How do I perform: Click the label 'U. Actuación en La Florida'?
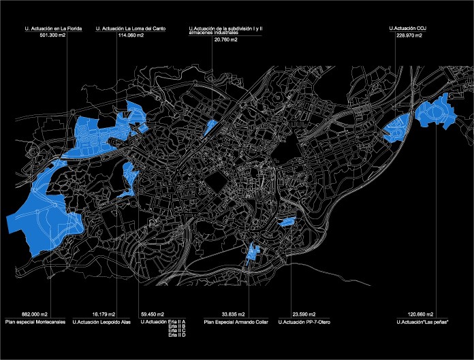(53, 29)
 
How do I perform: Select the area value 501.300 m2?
(54, 35)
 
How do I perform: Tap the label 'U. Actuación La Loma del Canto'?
(131, 29)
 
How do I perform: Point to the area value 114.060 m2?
(131, 35)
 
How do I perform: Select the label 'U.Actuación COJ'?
(407, 29)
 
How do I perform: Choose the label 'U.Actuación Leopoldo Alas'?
(101, 321)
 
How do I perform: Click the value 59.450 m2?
(151, 314)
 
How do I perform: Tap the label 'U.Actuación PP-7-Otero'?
(304, 321)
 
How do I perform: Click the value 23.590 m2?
(304, 314)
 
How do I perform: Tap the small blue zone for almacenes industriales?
(210, 127)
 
